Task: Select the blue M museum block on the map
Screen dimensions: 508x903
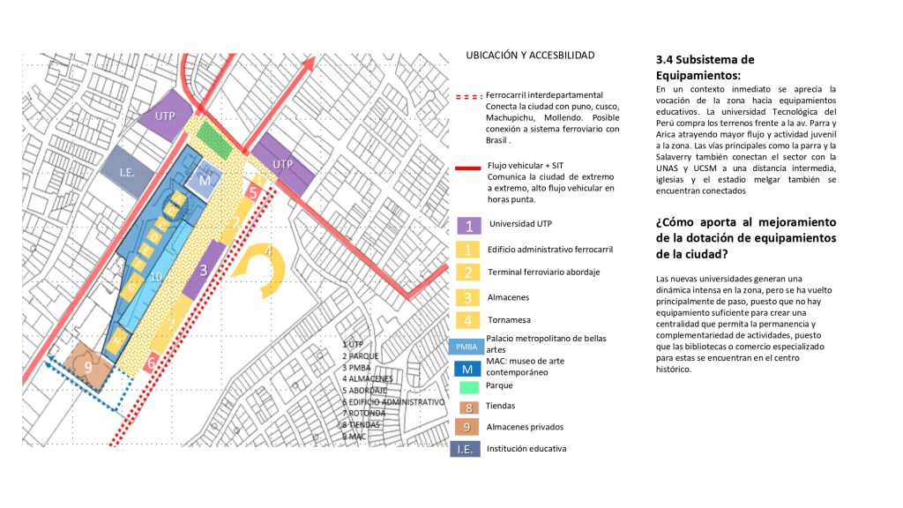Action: [x=205, y=180]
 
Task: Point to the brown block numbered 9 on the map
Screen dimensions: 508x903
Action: [x=88, y=367]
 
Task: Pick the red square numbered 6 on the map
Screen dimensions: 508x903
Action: [x=152, y=362]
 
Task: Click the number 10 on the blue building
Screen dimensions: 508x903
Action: [x=155, y=277]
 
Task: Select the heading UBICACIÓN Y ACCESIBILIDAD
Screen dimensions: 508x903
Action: [x=530, y=55]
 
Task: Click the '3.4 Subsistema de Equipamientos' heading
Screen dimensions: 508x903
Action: [x=705, y=67]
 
